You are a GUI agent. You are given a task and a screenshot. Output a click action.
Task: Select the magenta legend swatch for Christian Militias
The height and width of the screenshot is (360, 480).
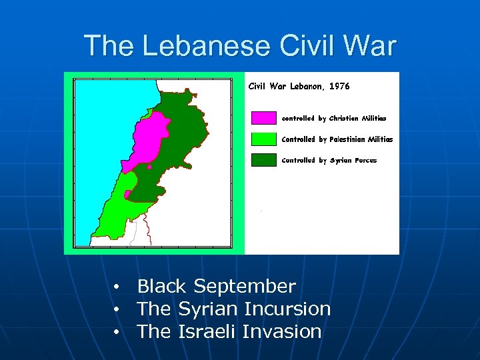point(263,118)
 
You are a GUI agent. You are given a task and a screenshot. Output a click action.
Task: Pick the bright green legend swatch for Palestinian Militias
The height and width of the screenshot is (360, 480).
point(263,139)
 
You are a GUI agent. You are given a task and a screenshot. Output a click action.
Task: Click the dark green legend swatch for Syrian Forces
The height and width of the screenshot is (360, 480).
point(263,160)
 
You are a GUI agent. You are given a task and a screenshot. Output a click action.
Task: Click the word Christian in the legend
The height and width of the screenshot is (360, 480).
point(344,118)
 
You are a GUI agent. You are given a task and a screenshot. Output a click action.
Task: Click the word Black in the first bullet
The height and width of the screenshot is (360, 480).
point(161,287)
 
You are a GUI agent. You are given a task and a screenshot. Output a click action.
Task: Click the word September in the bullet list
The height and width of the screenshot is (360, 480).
point(244,287)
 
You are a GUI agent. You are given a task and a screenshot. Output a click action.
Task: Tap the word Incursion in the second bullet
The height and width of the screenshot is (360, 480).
point(287,309)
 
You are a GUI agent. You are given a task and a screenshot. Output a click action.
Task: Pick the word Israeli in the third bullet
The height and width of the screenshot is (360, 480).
point(207,331)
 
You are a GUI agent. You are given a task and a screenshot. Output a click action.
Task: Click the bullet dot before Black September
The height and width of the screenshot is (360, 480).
point(117,287)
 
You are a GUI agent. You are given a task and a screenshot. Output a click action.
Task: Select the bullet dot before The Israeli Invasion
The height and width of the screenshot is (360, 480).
point(117,332)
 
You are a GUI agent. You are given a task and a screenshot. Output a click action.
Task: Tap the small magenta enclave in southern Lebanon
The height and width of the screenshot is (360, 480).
point(127,194)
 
